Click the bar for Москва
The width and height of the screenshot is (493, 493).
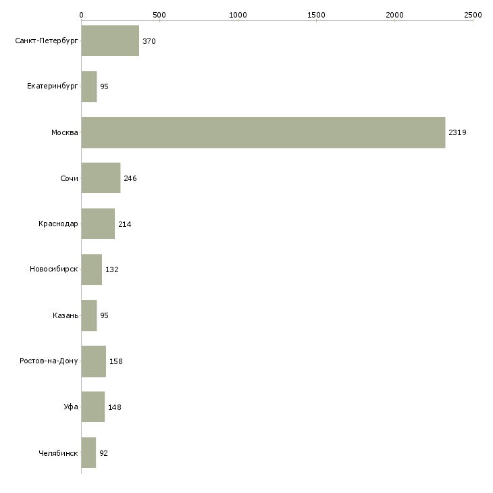click(x=263, y=132)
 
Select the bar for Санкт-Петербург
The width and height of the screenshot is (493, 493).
click(x=110, y=41)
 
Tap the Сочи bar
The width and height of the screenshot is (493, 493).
click(x=101, y=178)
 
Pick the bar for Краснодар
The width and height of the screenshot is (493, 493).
click(x=98, y=224)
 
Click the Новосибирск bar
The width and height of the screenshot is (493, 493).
click(x=91, y=269)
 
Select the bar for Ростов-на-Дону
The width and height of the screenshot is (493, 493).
click(x=94, y=361)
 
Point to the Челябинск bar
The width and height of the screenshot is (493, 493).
click(x=88, y=452)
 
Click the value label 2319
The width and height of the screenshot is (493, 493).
click(x=457, y=132)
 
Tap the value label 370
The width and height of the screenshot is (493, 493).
click(x=149, y=41)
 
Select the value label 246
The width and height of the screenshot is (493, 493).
click(x=130, y=178)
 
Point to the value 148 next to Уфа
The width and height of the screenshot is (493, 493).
click(x=114, y=407)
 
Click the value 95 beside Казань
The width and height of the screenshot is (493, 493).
click(x=104, y=315)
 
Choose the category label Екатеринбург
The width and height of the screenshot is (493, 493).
click(x=52, y=86)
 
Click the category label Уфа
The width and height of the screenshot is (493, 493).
click(x=71, y=407)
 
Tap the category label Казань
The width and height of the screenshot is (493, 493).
click(x=66, y=315)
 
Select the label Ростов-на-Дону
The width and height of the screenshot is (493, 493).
click(x=49, y=361)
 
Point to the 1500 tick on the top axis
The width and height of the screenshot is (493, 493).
click(x=316, y=15)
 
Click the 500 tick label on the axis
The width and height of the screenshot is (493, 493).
click(x=160, y=15)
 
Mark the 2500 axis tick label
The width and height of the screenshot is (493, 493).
click(x=473, y=15)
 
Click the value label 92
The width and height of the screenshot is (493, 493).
click(x=103, y=453)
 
